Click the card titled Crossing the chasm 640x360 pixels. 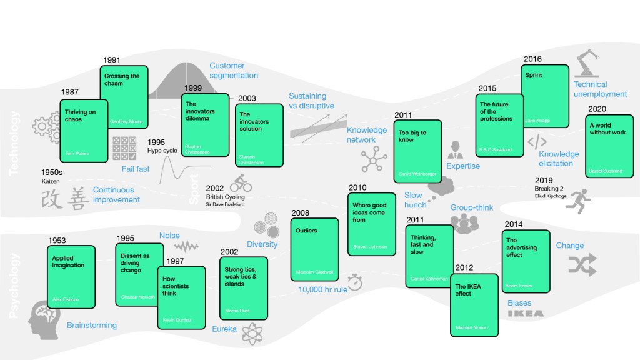point(124,97)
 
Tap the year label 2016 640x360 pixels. point(532,59)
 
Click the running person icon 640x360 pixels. point(585,199)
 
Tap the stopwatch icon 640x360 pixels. point(356,282)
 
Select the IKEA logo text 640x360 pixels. point(525,314)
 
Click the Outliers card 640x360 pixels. point(315,249)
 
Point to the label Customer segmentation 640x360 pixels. point(234,71)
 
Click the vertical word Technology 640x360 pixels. point(14,142)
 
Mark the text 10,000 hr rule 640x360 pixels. point(322,289)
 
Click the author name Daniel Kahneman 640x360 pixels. point(429,279)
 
